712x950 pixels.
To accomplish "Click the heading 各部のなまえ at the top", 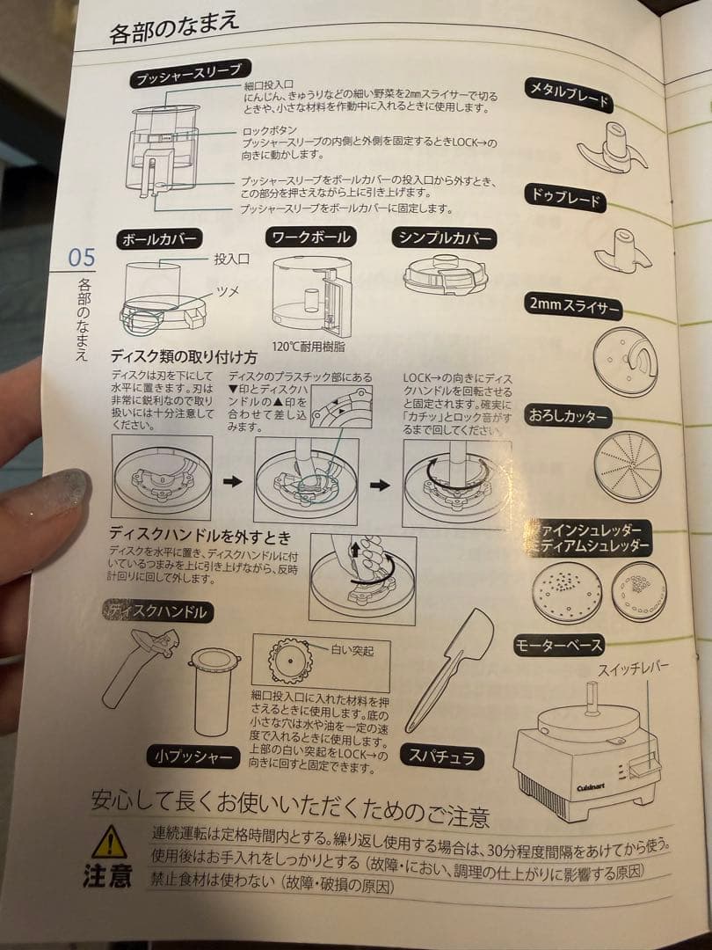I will pos(174,29).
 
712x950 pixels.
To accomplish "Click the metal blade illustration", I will pos(612,152).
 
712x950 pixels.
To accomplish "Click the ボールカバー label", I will pos(161,239).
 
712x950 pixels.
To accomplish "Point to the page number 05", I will pos(81,258).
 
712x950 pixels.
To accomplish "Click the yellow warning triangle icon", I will pos(110,842).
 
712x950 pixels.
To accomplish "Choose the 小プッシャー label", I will pos(193,756).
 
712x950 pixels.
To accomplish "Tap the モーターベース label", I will pos(558,647).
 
